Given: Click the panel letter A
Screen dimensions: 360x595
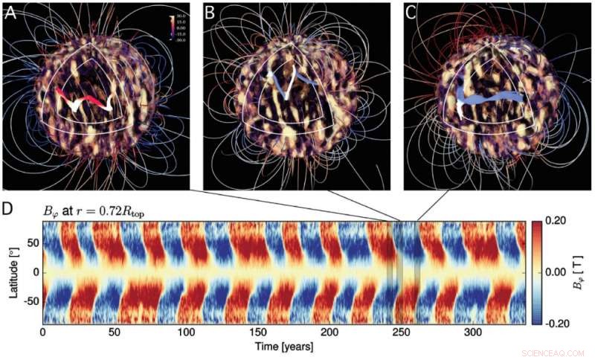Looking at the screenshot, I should tap(11, 12).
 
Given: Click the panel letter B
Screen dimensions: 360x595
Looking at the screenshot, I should tap(210, 12).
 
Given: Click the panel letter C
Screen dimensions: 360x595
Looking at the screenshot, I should tap(411, 12).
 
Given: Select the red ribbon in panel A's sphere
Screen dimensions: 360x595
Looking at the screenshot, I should tap(82, 100).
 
